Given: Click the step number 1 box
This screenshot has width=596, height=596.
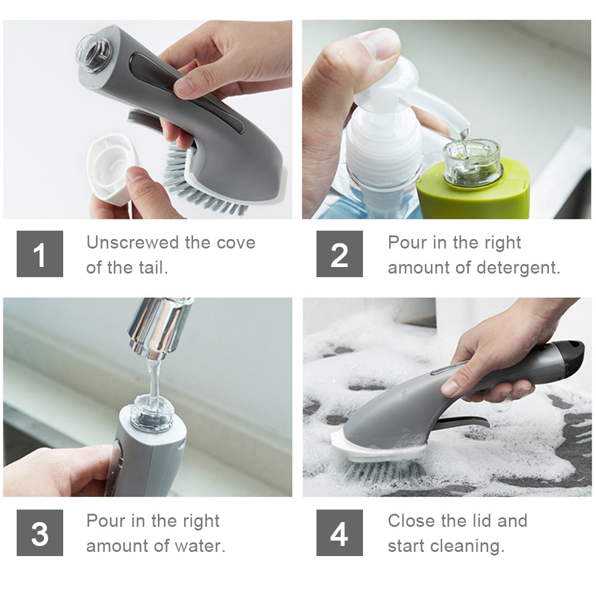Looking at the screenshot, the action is pos(40,254).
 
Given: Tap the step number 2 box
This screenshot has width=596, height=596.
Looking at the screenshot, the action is pos(340,254).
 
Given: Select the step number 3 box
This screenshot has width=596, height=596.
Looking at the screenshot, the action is pos(40,532).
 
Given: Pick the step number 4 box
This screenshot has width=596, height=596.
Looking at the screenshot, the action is pos(340,532).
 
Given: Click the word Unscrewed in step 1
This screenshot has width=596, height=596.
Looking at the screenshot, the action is pos(132,243).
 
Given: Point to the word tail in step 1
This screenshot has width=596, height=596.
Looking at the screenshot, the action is pos(151,267).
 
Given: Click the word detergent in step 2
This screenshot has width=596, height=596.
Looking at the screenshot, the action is pos(518,268).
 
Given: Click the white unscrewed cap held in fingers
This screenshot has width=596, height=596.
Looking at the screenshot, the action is pos(111,168).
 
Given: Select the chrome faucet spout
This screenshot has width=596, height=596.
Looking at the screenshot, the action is pos(159,327).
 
